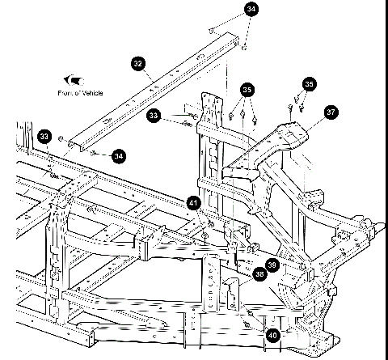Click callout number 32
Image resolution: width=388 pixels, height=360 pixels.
[139, 62]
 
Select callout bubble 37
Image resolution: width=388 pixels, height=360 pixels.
[331, 112]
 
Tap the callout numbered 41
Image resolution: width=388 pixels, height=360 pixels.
[193, 202]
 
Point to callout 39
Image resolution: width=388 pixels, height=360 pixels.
[272, 265]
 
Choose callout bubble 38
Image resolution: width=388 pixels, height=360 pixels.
[259, 275]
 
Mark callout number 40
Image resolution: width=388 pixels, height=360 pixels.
[273, 332]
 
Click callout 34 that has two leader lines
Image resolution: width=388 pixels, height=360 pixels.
[253, 10]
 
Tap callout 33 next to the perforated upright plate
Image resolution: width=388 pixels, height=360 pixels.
[154, 117]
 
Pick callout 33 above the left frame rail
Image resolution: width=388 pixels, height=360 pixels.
[44, 136]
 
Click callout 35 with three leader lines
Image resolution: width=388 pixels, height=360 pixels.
[247, 89]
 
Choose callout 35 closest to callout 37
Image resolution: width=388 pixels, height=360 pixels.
[310, 84]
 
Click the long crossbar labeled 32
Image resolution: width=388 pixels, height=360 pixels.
[154, 89]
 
